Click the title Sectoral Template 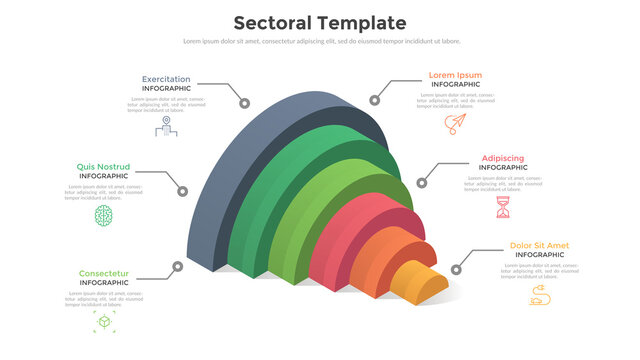319,23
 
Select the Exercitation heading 166,79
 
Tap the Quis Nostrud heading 104,167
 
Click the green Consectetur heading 104,273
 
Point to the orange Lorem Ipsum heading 455,75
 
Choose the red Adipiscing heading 502,158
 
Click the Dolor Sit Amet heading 539,246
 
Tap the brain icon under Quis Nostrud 104,215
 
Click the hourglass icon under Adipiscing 503,208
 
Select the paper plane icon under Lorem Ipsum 456,124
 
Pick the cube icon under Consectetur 104,322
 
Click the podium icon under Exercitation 166,127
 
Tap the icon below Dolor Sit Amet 539,294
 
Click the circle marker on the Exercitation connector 243,102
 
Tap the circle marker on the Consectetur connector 177,267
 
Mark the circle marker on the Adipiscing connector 421,181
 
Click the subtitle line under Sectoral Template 320,41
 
